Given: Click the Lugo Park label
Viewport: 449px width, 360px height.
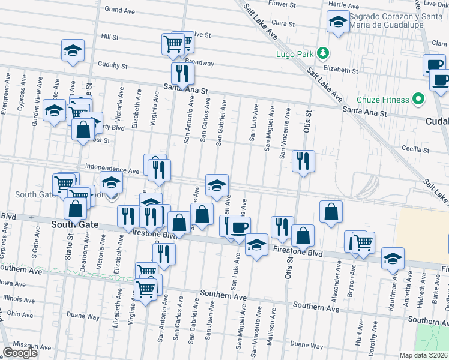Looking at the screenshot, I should click(295, 53).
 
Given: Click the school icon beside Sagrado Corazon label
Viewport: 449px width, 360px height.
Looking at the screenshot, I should click(338, 23).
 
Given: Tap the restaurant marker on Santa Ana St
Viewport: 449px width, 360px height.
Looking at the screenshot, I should click(182, 73).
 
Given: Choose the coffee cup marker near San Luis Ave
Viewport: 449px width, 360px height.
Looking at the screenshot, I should click(239, 228).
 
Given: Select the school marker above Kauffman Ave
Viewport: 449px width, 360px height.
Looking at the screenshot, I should click(393, 259).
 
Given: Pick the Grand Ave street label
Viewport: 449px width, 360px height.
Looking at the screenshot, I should click(119, 10).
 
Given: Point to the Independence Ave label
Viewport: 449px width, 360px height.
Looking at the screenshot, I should click(112, 170).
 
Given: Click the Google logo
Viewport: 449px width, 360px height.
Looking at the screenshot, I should click(20, 353).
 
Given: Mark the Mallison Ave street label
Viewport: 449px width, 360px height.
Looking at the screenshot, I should click(274, 323).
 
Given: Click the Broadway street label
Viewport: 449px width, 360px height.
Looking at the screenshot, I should click(199, 62).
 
